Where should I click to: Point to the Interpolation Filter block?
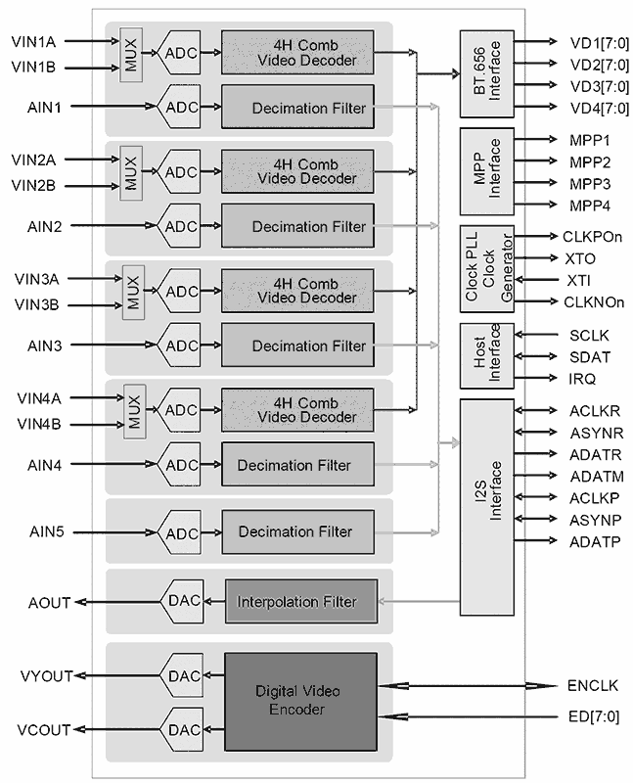pos(301,601)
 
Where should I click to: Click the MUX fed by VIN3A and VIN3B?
pos(133,291)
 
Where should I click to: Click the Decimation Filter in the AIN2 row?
pos(296,227)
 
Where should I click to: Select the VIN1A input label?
pos(33,42)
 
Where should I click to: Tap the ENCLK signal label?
pos(592,685)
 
